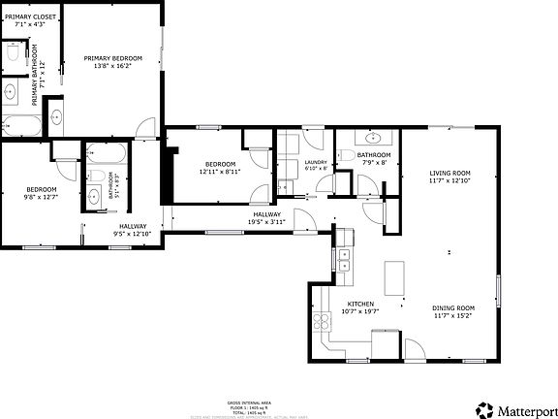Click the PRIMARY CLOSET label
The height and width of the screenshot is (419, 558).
29,17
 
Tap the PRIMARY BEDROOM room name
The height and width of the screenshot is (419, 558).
112,58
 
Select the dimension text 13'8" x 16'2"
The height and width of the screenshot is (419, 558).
112,67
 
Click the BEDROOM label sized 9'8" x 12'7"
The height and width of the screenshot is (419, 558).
42,189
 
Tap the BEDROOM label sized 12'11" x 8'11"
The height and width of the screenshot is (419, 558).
220,164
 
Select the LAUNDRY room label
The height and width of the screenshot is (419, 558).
316,162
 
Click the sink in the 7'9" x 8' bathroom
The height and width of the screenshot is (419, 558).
373,136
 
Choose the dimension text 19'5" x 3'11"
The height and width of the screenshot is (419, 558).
267,222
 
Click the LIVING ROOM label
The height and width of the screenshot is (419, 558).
450,174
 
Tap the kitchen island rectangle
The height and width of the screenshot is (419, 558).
394,279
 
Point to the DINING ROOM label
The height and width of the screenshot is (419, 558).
453,307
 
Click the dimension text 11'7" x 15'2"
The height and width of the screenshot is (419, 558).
453,316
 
